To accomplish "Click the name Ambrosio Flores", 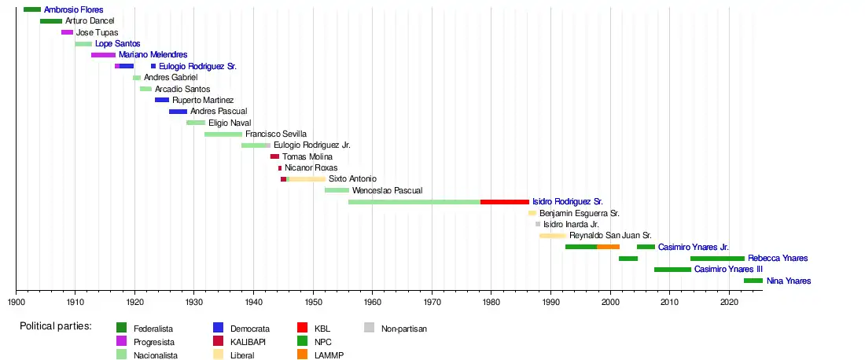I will pos(73,9).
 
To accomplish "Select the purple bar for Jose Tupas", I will pos(67,32).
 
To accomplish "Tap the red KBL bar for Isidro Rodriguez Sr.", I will pos(504,202).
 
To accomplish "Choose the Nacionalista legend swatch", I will pos(122,355).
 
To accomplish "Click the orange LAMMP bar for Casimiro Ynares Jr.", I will pos(608,247).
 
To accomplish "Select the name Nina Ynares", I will pos(789,281).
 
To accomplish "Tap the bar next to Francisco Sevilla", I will pos(223,134).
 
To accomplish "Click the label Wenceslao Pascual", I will pos(388,190).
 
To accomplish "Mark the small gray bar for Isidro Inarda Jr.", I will pos(538,224).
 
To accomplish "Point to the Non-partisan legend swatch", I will pos(370,328).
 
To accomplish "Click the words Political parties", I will pos(56,326).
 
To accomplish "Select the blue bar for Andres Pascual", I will pos(178,112).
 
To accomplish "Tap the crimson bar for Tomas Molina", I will pos(274,156).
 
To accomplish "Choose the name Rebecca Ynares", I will pos(778,258).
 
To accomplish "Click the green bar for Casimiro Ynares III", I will pos(672,270).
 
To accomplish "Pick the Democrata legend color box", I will pos(219,328).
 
